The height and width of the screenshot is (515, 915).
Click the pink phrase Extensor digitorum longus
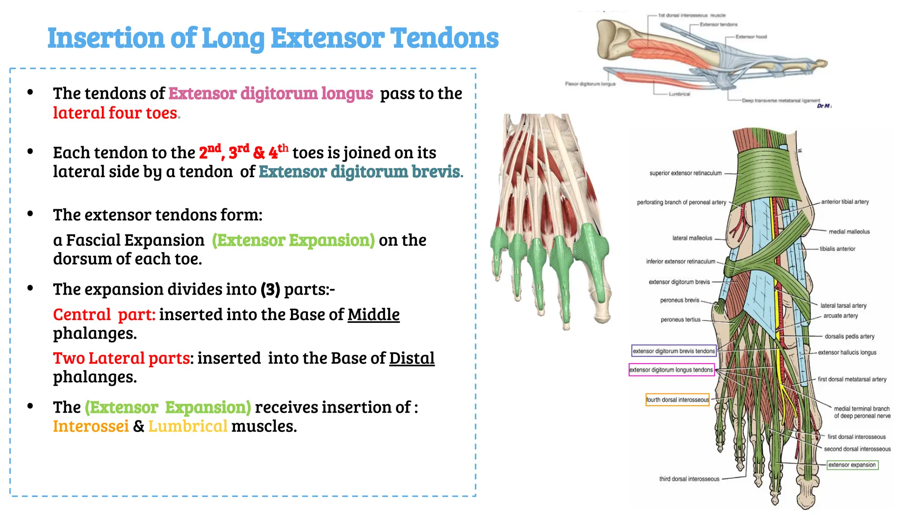point(270,93)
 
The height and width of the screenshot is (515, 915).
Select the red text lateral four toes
point(115,113)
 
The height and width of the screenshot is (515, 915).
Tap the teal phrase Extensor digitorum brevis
point(360,172)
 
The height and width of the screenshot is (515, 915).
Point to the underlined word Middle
point(374,315)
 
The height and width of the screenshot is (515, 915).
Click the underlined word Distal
point(411,359)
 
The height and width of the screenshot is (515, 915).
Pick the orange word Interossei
point(91,426)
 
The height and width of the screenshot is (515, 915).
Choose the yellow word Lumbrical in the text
point(188,426)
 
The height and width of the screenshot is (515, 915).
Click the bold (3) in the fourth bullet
point(270,290)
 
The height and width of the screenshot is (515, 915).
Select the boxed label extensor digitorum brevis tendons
point(674,351)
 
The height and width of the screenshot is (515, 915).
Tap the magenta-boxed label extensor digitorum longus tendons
point(671,370)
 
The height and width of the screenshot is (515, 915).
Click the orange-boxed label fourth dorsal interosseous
point(677,400)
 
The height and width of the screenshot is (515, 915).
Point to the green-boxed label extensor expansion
point(852,465)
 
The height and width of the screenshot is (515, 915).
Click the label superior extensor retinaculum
point(685,173)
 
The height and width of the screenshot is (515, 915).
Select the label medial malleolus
point(849,232)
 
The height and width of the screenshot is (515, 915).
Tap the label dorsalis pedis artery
point(849,336)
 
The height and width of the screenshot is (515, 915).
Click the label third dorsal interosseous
point(689,479)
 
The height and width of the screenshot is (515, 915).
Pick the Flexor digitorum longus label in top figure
point(590,84)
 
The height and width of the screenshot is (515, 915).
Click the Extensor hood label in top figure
point(751,37)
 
